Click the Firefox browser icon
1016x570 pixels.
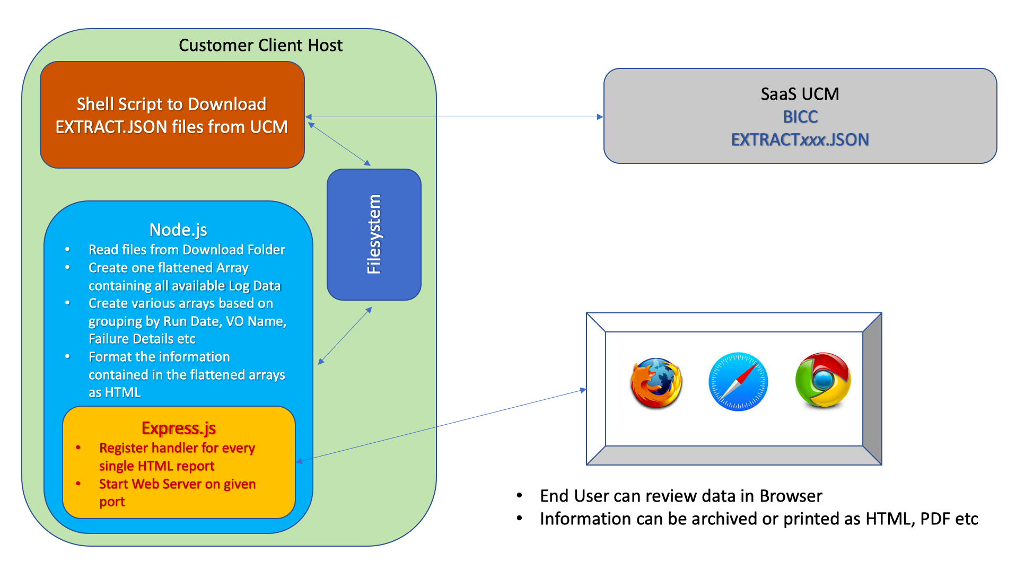656,383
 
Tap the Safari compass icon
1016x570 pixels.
738,382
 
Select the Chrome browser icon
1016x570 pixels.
822,380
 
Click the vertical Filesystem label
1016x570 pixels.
374,234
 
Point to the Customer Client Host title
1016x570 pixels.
260,46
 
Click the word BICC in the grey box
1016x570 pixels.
800,117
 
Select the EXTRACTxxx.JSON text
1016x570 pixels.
800,139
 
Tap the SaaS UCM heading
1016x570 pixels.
800,94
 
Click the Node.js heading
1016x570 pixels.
178,230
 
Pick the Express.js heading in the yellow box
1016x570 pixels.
179,428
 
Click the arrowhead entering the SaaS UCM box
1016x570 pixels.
600,117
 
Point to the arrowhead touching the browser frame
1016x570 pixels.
583,390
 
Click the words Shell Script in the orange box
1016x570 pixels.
122,104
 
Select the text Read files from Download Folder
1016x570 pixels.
187,250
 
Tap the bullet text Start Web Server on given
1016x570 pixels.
177,484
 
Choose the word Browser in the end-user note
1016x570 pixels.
791,496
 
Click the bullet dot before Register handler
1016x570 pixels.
78,448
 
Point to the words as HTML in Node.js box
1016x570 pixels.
115,392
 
